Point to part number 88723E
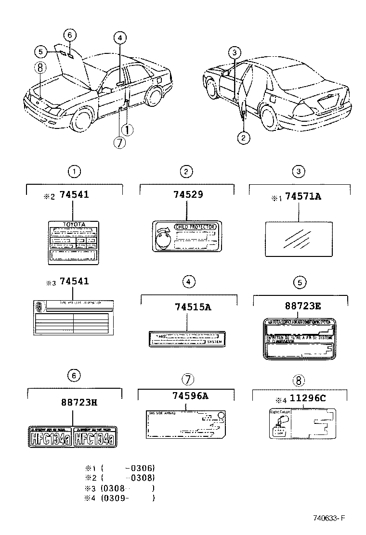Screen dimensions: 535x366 pos(301,306)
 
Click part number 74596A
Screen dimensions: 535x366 pos(190,396)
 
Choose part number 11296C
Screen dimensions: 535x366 pos(305,399)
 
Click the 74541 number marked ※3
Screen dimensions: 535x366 pos(74,281)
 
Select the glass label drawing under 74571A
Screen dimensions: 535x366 pos(299,237)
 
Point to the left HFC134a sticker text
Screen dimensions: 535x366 pos(50,438)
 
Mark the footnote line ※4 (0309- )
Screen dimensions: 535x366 pos(120,498)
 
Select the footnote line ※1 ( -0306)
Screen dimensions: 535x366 pos(120,468)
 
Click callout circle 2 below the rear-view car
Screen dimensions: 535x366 pos(244,138)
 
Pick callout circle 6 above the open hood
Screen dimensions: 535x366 pos(69,35)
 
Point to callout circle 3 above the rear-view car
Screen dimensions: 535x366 pos(234,52)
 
